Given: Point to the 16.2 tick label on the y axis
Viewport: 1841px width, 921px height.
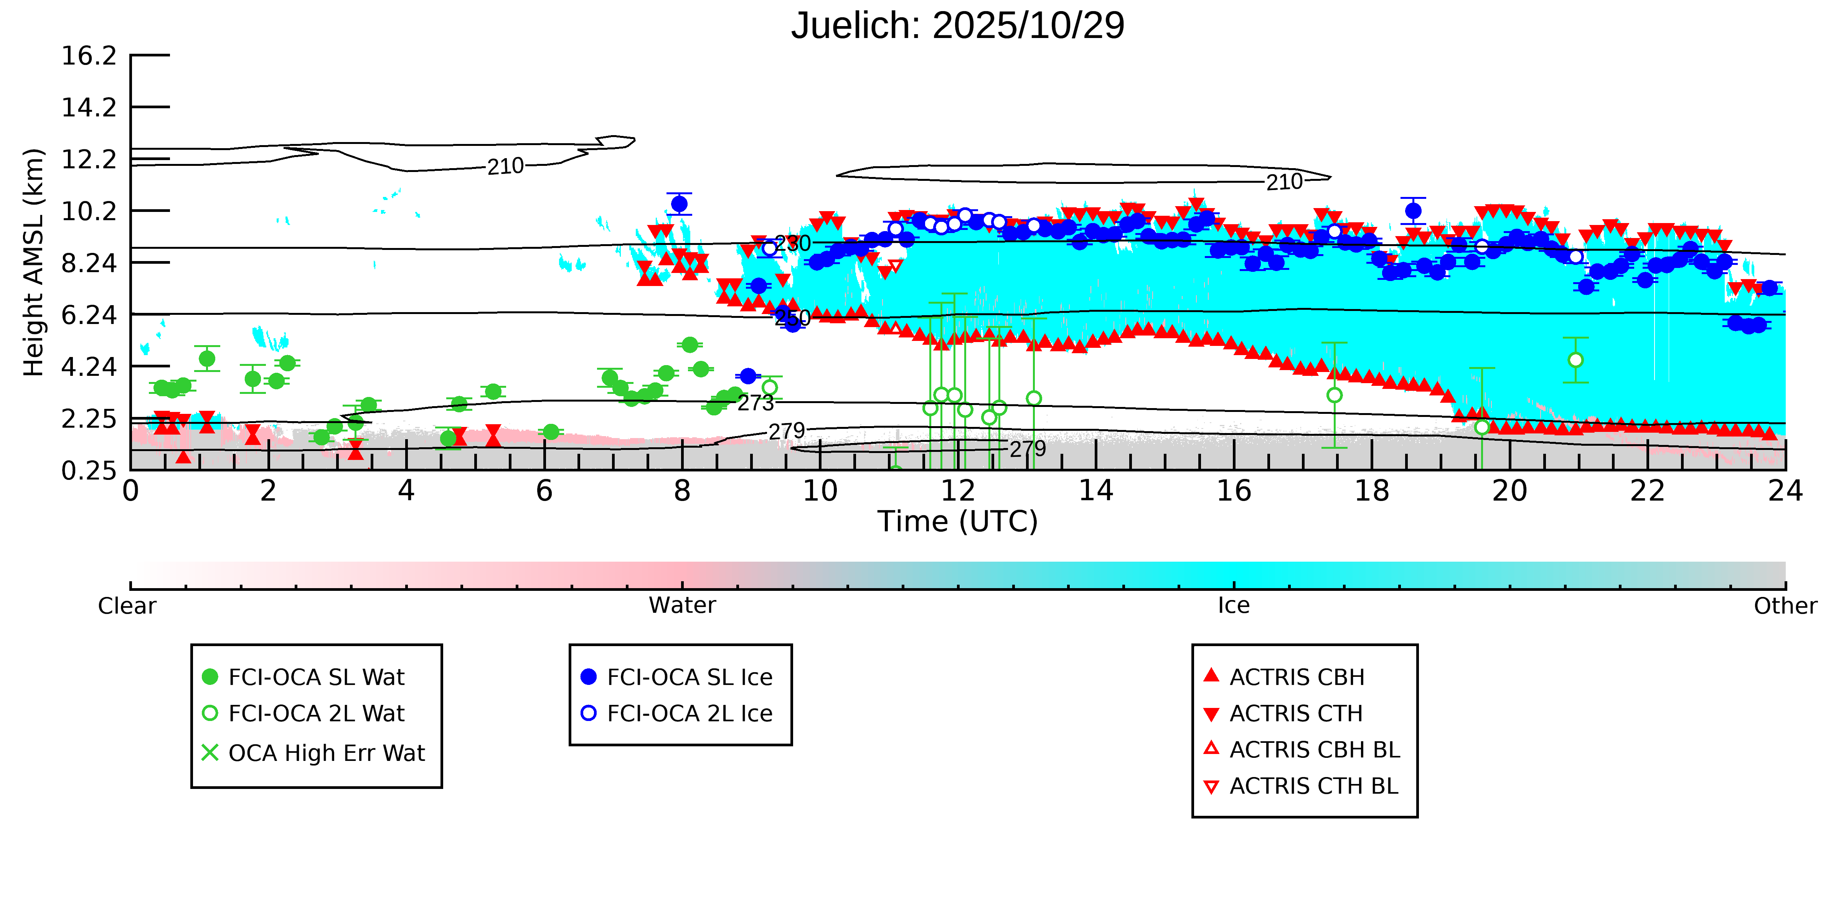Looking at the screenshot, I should [x=89, y=56].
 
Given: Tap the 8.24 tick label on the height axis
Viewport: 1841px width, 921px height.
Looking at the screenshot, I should [x=89, y=263].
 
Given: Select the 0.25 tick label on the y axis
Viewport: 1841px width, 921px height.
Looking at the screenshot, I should [x=89, y=471].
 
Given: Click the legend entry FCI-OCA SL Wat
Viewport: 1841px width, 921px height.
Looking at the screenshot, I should [x=316, y=677].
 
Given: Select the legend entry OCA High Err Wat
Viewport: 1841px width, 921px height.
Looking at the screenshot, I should [x=326, y=753].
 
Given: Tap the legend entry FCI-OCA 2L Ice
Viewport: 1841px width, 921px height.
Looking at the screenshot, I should [x=689, y=714].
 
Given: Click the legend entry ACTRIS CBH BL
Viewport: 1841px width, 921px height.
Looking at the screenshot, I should [x=1313, y=749].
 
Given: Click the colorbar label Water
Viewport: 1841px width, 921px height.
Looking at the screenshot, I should [x=682, y=606].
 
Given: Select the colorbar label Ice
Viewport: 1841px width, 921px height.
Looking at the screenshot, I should [x=1234, y=606].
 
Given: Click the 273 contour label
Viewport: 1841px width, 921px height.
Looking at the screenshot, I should [x=756, y=403].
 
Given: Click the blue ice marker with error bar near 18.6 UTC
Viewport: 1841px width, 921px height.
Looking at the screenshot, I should [x=1413, y=211].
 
